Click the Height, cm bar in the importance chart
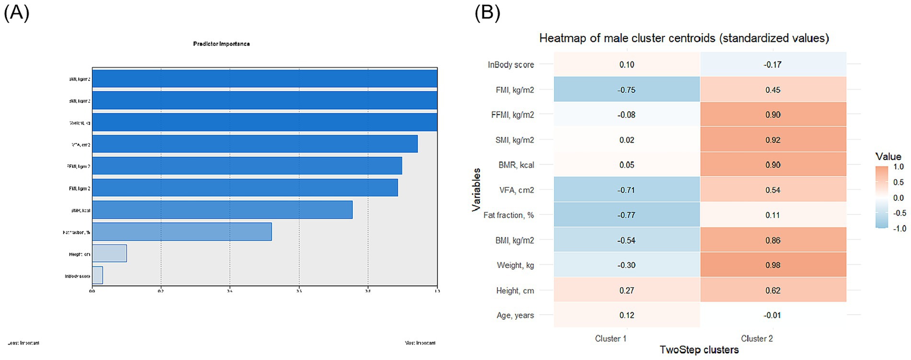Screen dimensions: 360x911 tap(109, 254)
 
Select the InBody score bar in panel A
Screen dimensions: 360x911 tap(97, 276)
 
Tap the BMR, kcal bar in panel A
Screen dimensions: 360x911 tap(222, 210)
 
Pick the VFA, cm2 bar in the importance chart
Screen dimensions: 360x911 tap(254, 144)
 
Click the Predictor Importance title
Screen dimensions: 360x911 tap(221, 44)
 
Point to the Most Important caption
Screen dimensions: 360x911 tap(420, 343)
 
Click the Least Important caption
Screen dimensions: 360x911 tap(23, 343)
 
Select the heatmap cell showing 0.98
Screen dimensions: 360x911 tap(773, 265)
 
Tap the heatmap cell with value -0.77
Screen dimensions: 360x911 tap(626, 215)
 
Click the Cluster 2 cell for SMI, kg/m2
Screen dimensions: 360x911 tap(773, 140)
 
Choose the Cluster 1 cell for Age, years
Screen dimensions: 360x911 tap(626, 315)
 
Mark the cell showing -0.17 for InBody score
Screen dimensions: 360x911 tap(773, 65)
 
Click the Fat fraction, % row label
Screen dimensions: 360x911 tap(508, 215)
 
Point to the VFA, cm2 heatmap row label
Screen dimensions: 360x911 tap(516, 190)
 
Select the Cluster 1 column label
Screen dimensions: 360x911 tap(611, 338)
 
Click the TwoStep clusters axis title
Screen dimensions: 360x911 tap(699, 350)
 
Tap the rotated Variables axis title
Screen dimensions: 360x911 tap(476, 189)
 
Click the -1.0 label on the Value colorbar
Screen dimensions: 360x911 tap(899, 229)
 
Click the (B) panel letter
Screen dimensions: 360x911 tap(487, 12)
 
